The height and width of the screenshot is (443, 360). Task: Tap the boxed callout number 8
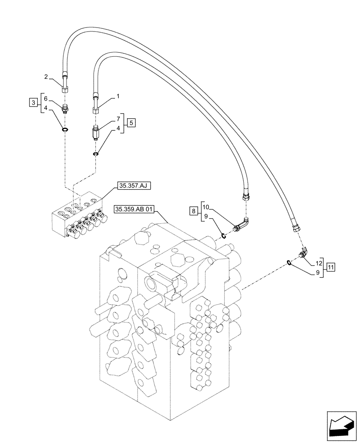(193, 211)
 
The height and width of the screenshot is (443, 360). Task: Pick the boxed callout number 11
(331, 267)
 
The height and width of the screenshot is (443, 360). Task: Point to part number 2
(46, 77)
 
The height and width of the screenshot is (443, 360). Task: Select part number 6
(46, 98)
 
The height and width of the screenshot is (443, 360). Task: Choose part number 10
(205, 207)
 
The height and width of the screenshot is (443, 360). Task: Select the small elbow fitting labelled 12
(303, 254)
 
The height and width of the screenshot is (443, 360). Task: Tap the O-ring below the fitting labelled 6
(65, 130)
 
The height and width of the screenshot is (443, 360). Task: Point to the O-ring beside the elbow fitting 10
(224, 236)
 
